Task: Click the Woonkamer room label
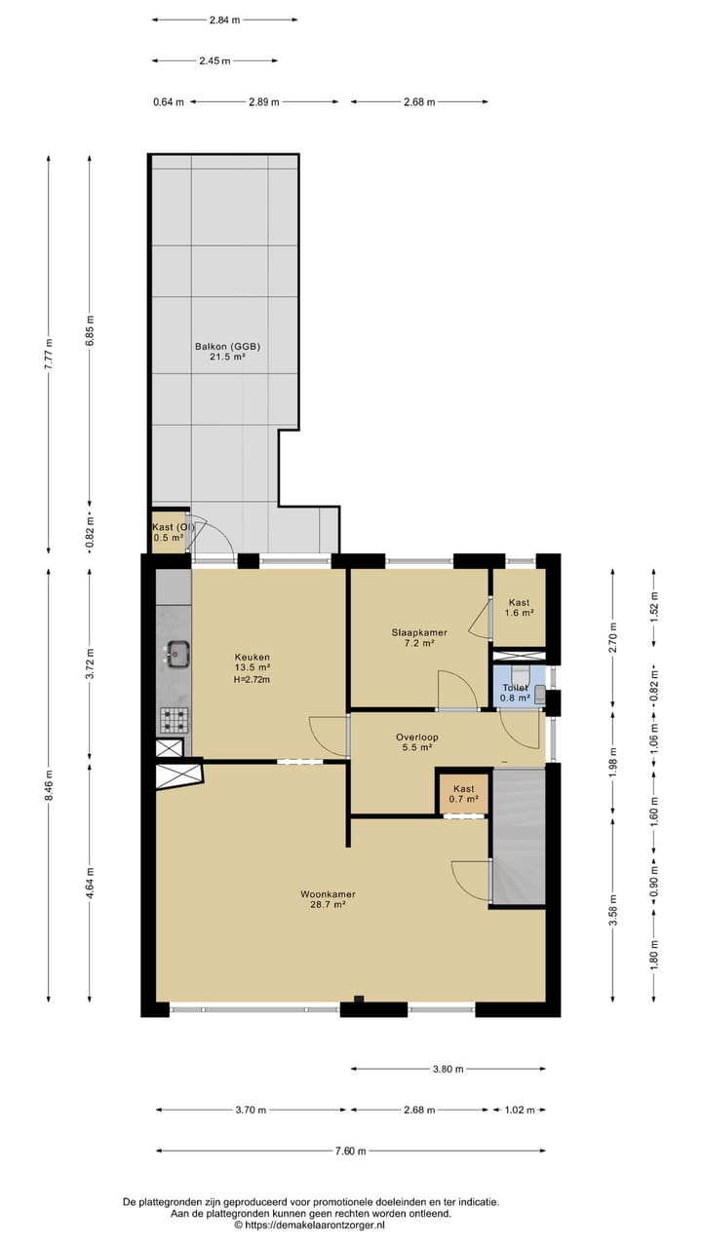click(x=328, y=894)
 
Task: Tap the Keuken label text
click(x=252, y=657)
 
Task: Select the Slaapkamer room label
click(x=419, y=632)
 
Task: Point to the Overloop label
click(x=416, y=737)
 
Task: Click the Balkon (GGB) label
click(x=227, y=346)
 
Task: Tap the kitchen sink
click(x=177, y=653)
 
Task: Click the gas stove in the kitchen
click(x=175, y=720)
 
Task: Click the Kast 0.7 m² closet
click(x=463, y=793)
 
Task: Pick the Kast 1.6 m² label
click(x=520, y=607)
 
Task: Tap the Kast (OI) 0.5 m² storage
click(x=169, y=533)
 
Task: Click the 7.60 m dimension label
click(x=350, y=1151)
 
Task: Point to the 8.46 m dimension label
click(x=49, y=785)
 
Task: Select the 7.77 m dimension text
click(x=49, y=354)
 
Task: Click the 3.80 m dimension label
click(x=448, y=1069)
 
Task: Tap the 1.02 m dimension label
click(x=520, y=1110)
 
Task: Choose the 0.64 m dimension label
click(x=169, y=102)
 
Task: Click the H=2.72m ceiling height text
click(x=252, y=679)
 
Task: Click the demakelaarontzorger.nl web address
click(x=314, y=1225)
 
